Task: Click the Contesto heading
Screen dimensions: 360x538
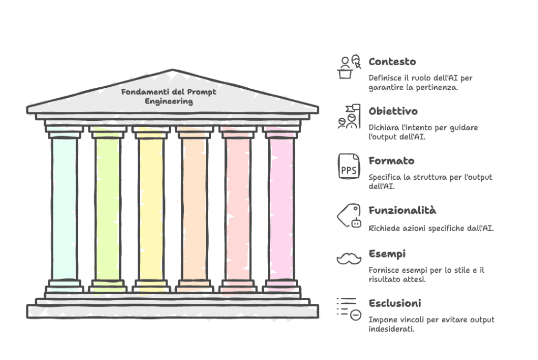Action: click(x=392, y=61)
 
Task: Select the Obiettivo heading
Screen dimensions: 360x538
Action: click(x=393, y=111)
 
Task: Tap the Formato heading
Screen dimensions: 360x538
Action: click(x=391, y=161)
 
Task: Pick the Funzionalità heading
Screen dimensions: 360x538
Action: click(x=402, y=210)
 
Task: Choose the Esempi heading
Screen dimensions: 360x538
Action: click(x=387, y=254)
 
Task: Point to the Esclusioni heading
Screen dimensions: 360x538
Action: click(x=395, y=303)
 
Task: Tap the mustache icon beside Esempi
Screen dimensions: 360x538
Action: click(x=349, y=258)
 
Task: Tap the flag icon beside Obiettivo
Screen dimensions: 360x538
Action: click(x=349, y=117)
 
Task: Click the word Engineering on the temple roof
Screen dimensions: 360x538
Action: click(x=169, y=101)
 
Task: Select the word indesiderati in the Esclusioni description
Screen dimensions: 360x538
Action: click(x=391, y=330)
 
